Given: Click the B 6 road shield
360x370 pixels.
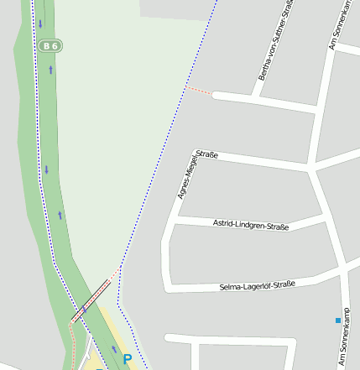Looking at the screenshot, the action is pos(50,45).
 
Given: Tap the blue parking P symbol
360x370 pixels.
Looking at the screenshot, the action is pos(128,359).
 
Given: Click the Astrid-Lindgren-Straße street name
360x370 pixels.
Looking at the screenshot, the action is pos(251,225).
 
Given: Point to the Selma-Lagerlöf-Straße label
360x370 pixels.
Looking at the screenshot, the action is pos(257,285).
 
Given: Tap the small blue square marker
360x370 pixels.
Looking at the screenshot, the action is pos(338,320).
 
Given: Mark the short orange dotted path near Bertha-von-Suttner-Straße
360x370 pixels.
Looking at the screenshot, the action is pos(198,89).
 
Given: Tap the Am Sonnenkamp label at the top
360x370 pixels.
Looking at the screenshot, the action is pos(343,25).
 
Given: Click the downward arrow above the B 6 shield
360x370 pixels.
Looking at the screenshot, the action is pos(39,23).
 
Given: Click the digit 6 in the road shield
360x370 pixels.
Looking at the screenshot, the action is pos(55,45).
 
